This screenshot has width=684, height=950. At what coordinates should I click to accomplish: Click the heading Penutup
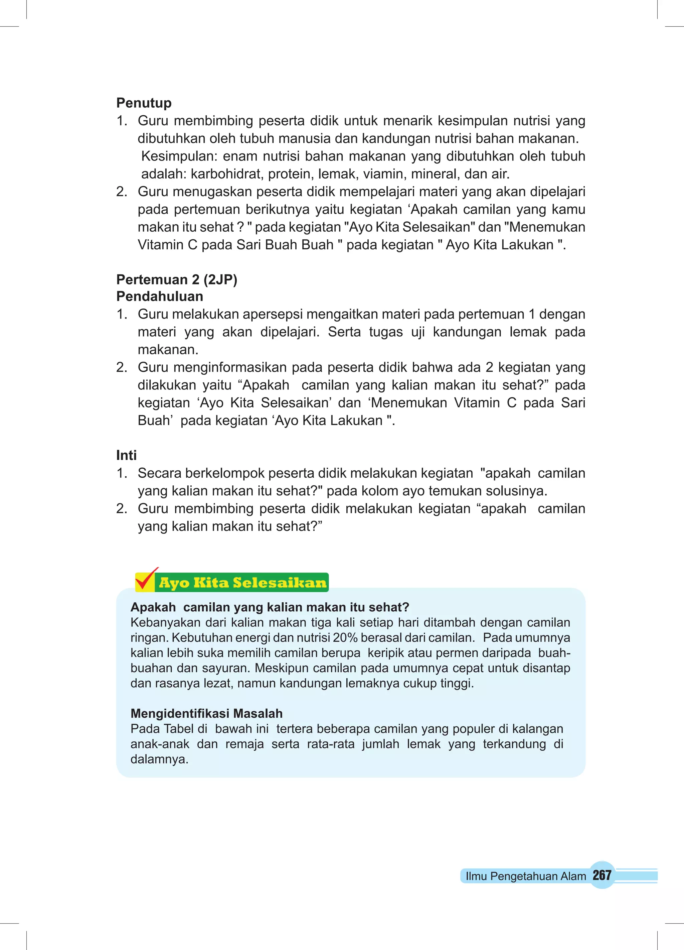coord(144,103)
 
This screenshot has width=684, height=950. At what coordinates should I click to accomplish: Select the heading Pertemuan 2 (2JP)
coord(177,279)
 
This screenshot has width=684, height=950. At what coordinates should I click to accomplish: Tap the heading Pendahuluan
coord(160,296)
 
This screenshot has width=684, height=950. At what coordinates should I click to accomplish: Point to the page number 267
coord(602,875)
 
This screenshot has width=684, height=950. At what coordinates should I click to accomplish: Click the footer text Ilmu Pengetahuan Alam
coord(525,876)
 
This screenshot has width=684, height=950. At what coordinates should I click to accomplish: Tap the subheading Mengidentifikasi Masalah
coord(206,713)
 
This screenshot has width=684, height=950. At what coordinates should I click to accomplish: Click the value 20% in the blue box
coord(345,637)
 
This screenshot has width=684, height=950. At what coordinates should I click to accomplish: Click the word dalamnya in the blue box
coord(159,759)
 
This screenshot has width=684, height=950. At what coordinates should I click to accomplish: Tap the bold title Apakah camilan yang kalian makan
coord(270,607)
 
